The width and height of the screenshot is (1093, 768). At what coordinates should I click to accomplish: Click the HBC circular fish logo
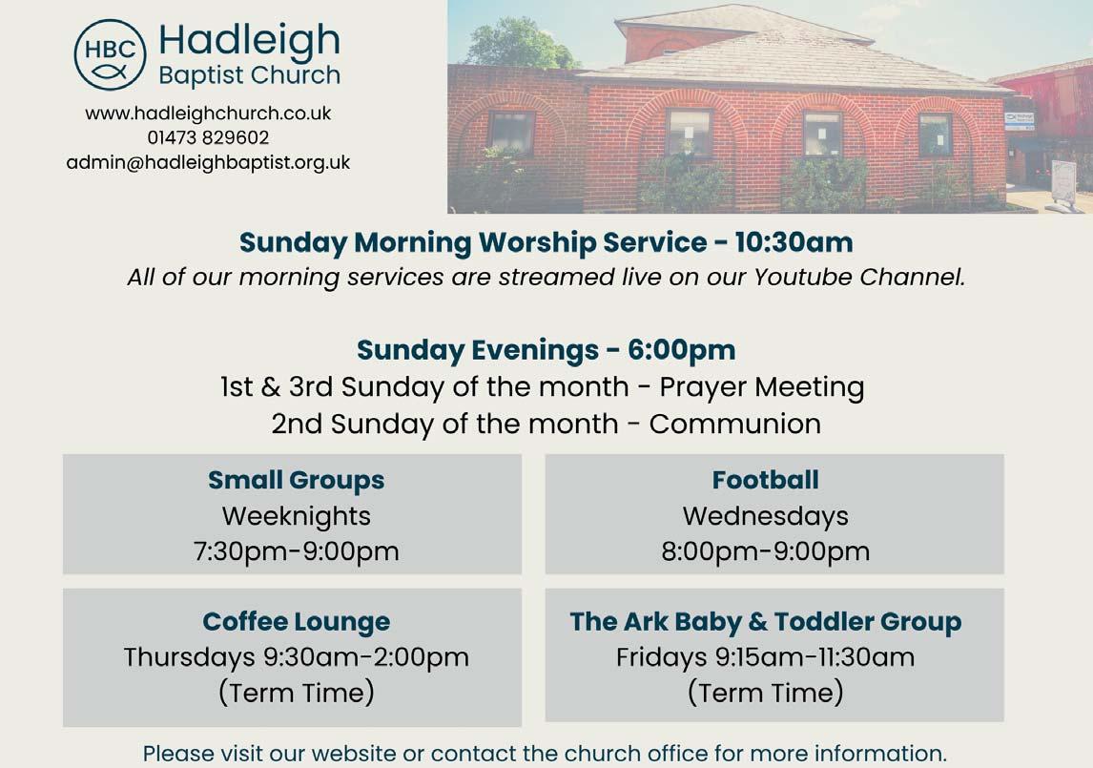click(x=110, y=54)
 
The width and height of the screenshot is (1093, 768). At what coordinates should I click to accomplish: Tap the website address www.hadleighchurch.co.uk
click(x=208, y=113)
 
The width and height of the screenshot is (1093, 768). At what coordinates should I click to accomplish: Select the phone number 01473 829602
click(x=208, y=137)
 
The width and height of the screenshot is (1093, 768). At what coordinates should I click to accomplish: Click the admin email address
click(x=208, y=162)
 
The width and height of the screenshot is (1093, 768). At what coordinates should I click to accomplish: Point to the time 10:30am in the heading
click(x=794, y=242)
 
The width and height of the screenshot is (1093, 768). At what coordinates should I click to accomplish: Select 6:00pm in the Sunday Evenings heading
click(x=681, y=350)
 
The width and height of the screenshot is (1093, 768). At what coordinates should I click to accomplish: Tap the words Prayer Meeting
click(x=762, y=388)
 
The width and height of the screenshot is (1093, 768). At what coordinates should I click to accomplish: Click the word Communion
click(x=734, y=425)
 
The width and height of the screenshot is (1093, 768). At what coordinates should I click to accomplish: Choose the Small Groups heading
click(x=297, y=481)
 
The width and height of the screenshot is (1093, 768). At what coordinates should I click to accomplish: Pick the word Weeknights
click(x=297, y=517)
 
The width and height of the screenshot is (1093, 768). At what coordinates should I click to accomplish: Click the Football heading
click(x=765, y=480)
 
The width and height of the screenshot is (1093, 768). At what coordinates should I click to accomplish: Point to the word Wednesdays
click(x=765, y=516)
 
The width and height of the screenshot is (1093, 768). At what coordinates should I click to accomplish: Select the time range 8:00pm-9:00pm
click(x=765, y=551)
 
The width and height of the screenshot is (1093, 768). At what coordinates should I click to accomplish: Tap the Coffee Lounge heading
click(x=297, y=621)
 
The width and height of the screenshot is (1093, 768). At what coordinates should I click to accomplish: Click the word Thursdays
click(x=190, y=657)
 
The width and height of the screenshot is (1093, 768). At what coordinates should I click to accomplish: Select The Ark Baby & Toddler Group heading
click(x=765, y=621)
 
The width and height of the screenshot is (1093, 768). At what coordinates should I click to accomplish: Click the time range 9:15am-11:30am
click(x=815, y=657)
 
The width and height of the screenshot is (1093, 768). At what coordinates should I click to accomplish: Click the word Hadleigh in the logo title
click(x=249, y=40)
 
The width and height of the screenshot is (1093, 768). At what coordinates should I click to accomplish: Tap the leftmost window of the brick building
click(x=511, y=132)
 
